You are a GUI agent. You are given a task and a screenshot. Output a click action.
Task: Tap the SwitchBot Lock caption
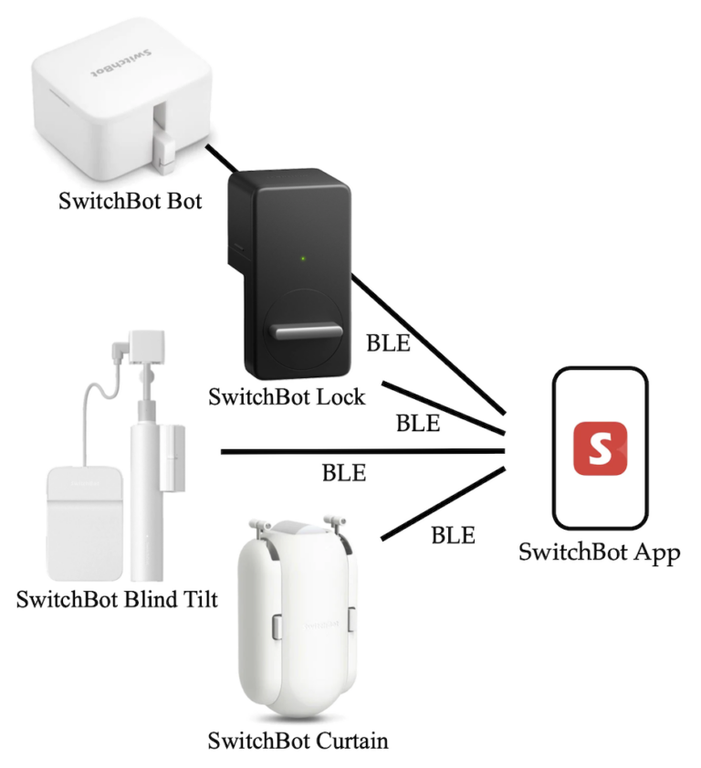[287, 397]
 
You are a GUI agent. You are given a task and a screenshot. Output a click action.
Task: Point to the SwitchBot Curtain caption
[298, 739]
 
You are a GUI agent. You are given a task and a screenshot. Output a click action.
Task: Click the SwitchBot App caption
[600, 552]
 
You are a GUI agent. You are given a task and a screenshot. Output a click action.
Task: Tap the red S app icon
[600, 448]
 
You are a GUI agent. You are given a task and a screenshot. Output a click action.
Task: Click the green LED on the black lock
[303, 258]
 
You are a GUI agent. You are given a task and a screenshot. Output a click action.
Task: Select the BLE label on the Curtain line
[453, 536]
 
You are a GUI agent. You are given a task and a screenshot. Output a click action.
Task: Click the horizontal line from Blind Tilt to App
[365, 451]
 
